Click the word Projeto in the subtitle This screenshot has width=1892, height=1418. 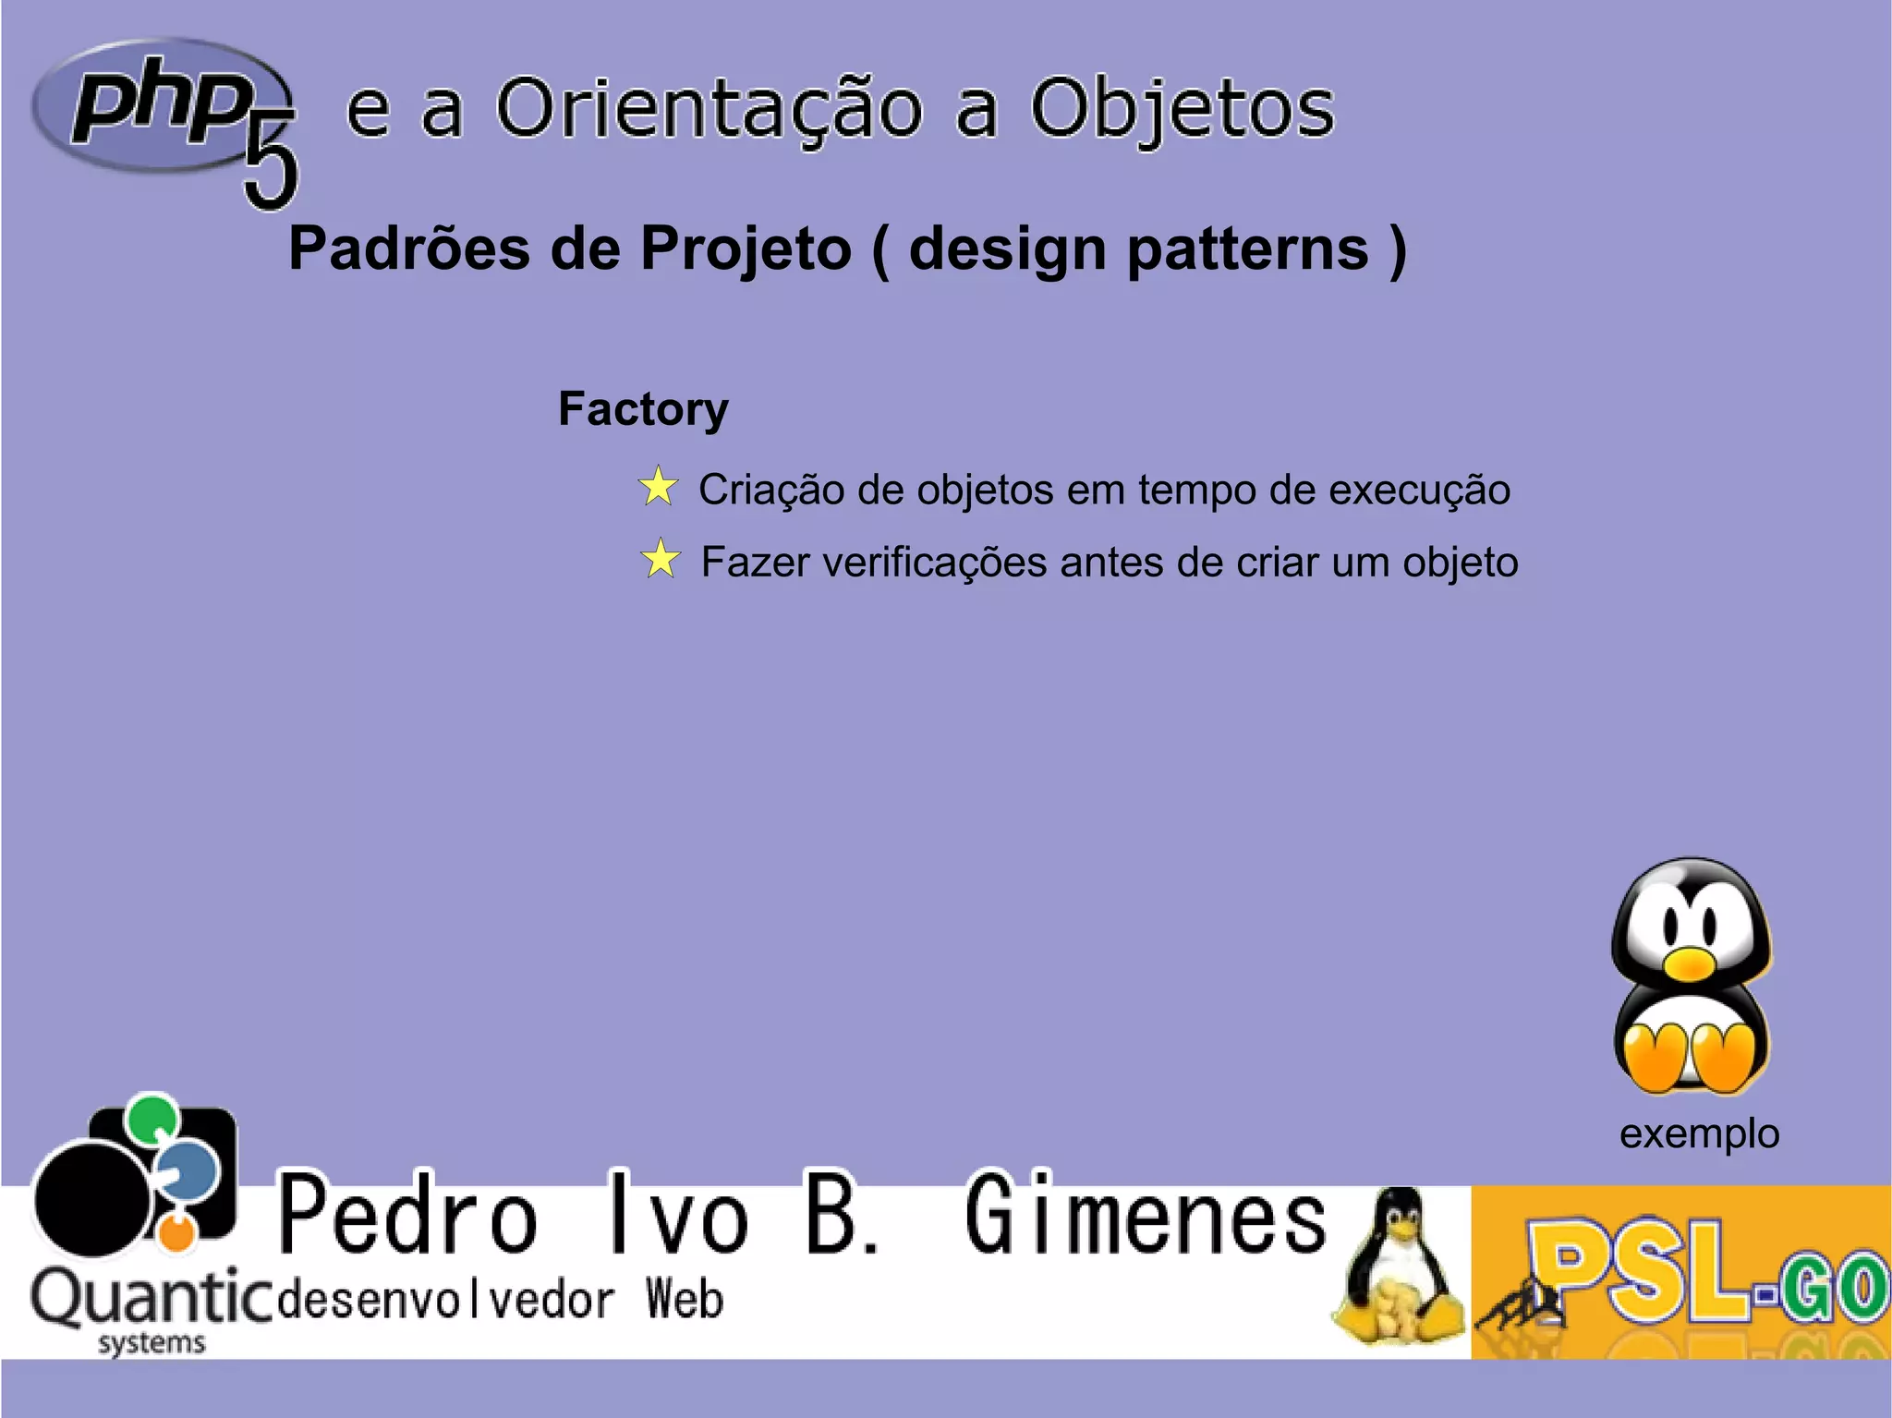click(x=746, y=249)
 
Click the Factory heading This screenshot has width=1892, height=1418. click(x=643, y=408)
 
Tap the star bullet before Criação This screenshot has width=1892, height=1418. click(x=658, y=487)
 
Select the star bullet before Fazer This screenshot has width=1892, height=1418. click(x=661, y=560)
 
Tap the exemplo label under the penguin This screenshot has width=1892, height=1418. click(x=1699, y=1133)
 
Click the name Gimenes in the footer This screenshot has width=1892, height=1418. click(x=1146, y=1215)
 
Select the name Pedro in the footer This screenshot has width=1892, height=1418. click(x=407, y=1215)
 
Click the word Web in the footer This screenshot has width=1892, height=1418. click(x=685, y=1299)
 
